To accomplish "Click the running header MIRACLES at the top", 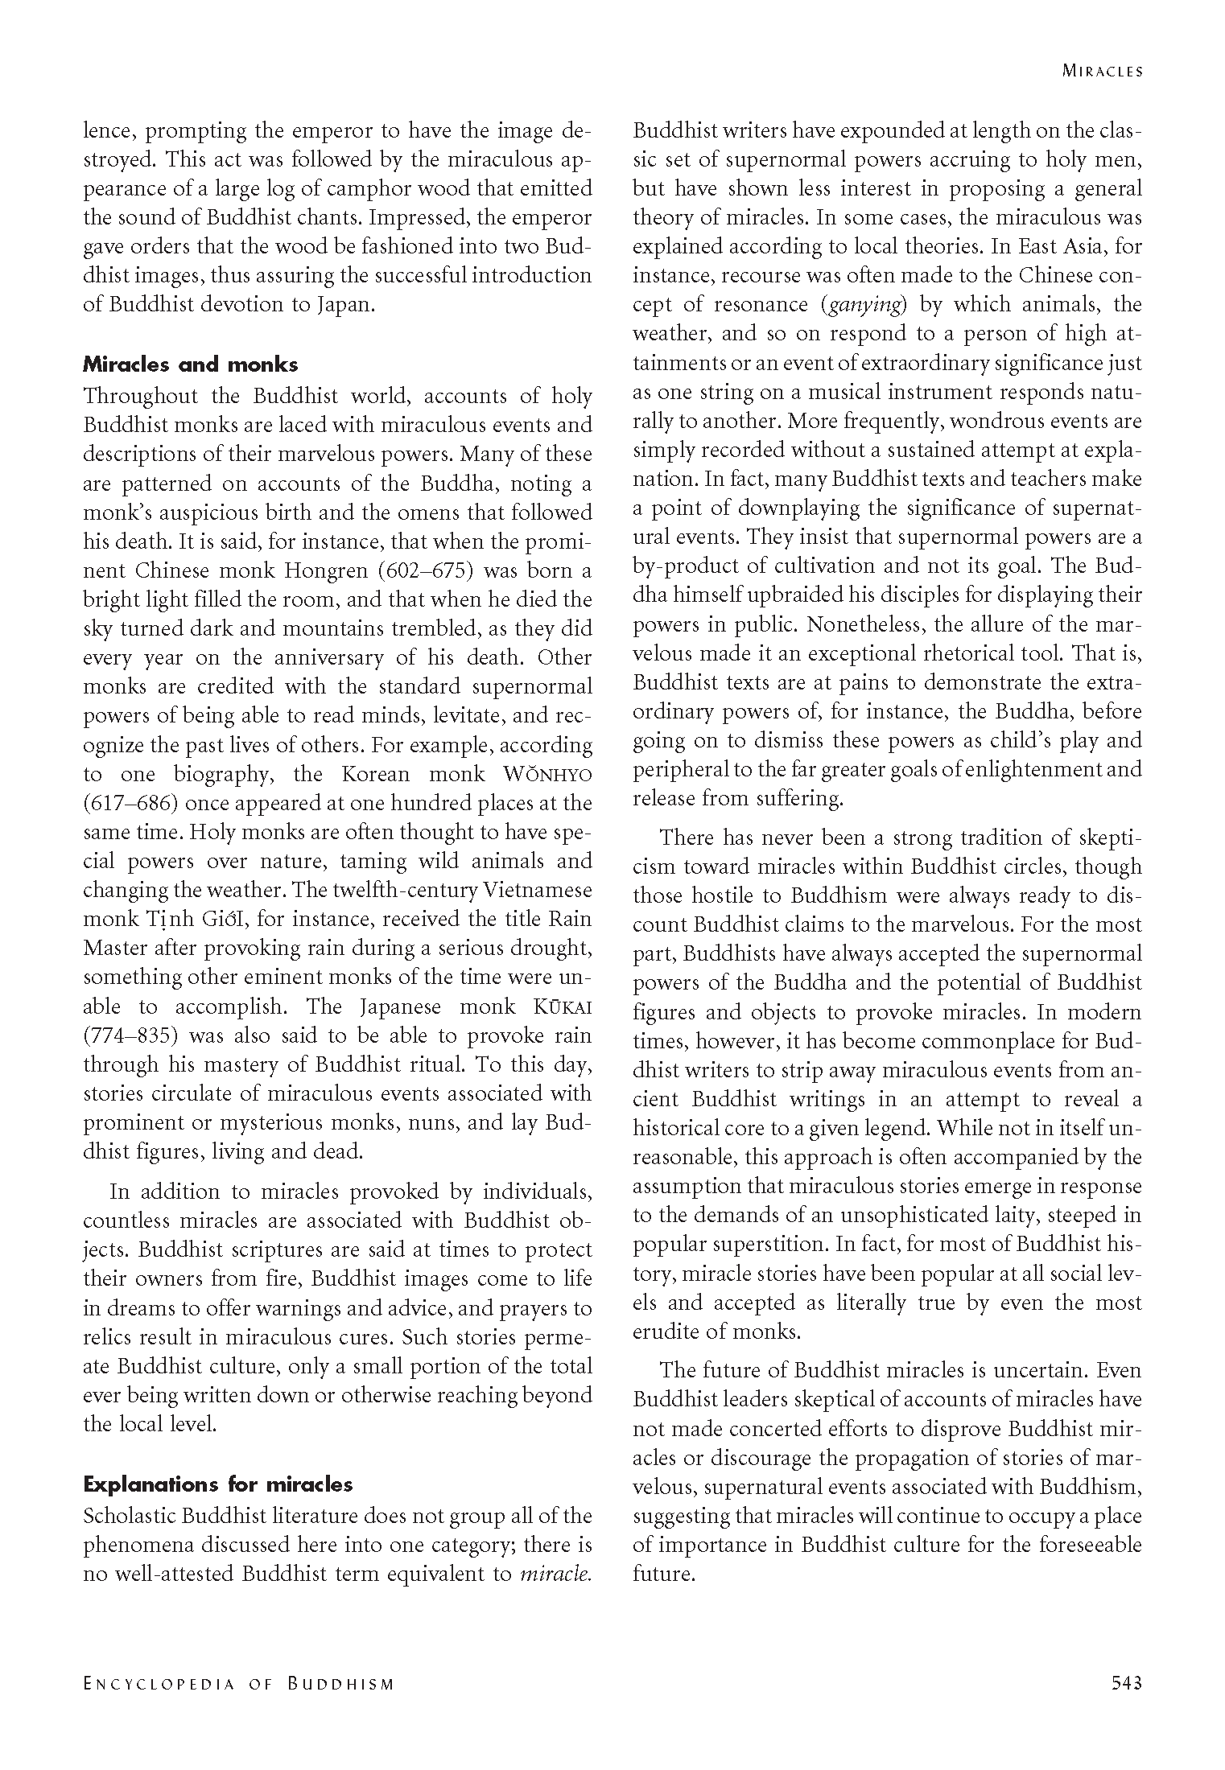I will [1102, 71].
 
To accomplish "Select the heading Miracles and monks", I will [190, 364].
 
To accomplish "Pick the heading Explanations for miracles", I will [217, 1484].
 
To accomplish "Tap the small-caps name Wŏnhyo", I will [547, 774].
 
